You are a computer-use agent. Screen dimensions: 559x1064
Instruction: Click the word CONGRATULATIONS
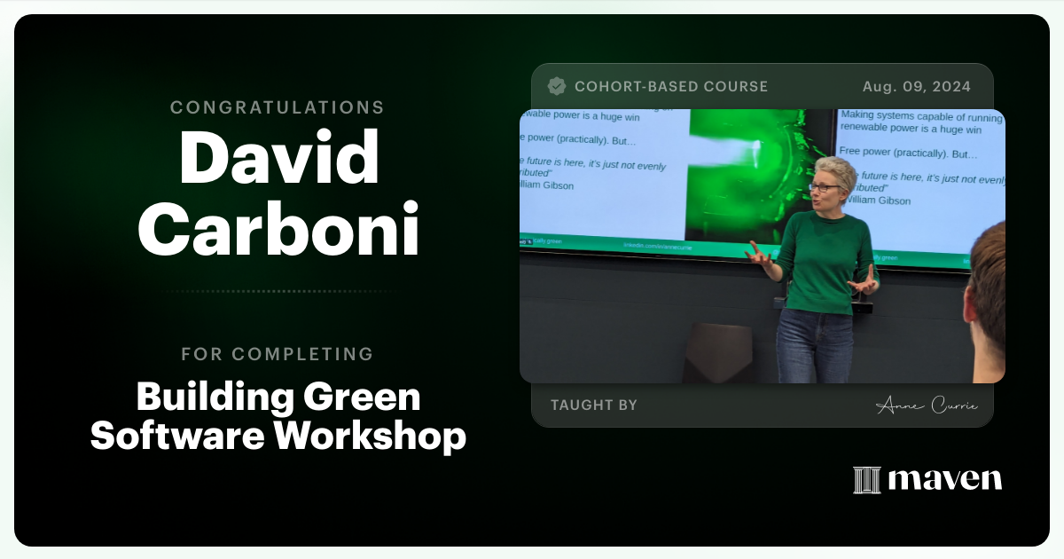coord(277,107)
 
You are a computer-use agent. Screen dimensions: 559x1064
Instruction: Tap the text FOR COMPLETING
coord(277,354)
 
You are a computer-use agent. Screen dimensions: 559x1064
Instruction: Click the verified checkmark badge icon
coord(557,86)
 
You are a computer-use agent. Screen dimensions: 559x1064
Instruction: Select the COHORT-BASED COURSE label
coord(671,86)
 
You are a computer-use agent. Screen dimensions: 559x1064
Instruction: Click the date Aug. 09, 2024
coord(916,86)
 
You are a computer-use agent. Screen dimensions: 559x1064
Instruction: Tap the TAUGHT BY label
coord(593,405)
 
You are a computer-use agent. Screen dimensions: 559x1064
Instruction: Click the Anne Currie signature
coord(926,405)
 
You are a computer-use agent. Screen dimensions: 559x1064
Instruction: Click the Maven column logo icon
coord(866,480)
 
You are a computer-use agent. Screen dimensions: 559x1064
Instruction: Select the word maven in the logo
coord(944,480)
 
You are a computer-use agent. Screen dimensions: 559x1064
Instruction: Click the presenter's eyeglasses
coord(823,186)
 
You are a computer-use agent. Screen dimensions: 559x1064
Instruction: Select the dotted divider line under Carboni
coord(278,291)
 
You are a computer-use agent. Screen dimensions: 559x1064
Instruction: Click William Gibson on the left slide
coord(547,185)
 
